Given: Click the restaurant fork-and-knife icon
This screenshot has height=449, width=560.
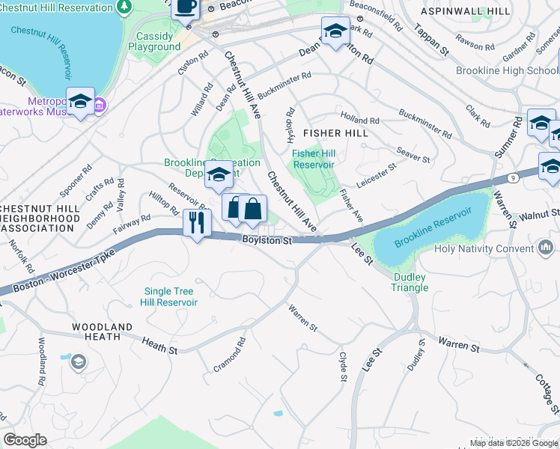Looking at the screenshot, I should pyautogui.click(x=197, y=222).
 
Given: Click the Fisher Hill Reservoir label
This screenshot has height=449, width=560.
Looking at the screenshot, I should pyautogui.click(x=314, y=159).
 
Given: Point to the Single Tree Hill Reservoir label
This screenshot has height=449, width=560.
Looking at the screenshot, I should pyautogui.click(x=168, y=297).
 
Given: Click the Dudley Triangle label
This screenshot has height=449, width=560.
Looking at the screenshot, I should pyautogui.click(x=410, y=282).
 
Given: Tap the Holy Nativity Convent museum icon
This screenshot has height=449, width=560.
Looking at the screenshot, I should pyautogui.click(x=545, y=246).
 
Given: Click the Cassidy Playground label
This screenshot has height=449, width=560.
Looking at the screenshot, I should pyautogui.click(x=154, y=41).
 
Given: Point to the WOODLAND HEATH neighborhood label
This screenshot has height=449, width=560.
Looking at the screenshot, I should pyautogui.click(x=103, y=332).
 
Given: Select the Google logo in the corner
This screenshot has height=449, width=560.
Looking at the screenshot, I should pyautogui.click(x=24, y=440).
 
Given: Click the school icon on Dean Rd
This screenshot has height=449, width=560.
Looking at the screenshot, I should pyautogui.click(x=335, y=31).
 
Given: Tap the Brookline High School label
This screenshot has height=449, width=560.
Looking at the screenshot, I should pyautogui.click(x=505, y=70).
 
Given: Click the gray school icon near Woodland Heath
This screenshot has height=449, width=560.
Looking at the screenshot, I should pyautogui.click(x=78, y=363).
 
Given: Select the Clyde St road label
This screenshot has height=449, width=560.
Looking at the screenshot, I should pyautogui.click(x=343, y=367).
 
